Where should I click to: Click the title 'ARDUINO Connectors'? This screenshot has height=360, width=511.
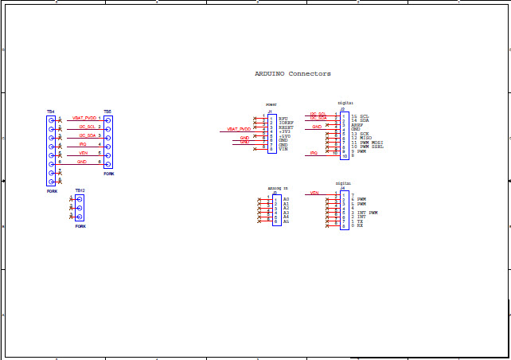point(292,73)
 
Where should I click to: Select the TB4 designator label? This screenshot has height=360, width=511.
point(50,112)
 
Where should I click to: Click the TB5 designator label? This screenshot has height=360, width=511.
point(107,112)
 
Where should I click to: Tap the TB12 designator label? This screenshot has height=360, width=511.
point(79,190)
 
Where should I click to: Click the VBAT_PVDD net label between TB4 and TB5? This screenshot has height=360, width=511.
point(84,118)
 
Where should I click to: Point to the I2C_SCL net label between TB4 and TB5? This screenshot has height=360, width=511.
point(87,127)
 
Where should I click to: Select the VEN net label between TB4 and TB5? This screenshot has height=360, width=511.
point(84,153)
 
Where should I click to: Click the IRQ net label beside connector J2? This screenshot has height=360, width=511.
point(314,151)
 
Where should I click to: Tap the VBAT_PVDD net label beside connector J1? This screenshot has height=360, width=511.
point(239,128)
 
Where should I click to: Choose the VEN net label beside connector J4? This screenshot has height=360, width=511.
point(314,193)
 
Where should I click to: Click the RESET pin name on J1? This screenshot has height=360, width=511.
point(287,127)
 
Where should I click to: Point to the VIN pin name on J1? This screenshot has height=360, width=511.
point(283,150)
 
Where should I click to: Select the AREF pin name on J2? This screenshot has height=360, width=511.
point(357,125)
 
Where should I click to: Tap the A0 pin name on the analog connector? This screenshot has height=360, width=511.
point(286,198)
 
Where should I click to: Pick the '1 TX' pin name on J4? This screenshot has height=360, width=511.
point(357,221)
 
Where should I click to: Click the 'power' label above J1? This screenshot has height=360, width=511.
point(271,104)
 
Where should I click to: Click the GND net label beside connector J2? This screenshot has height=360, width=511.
point(317,126)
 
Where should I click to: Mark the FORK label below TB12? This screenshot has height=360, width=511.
point(80,226)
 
